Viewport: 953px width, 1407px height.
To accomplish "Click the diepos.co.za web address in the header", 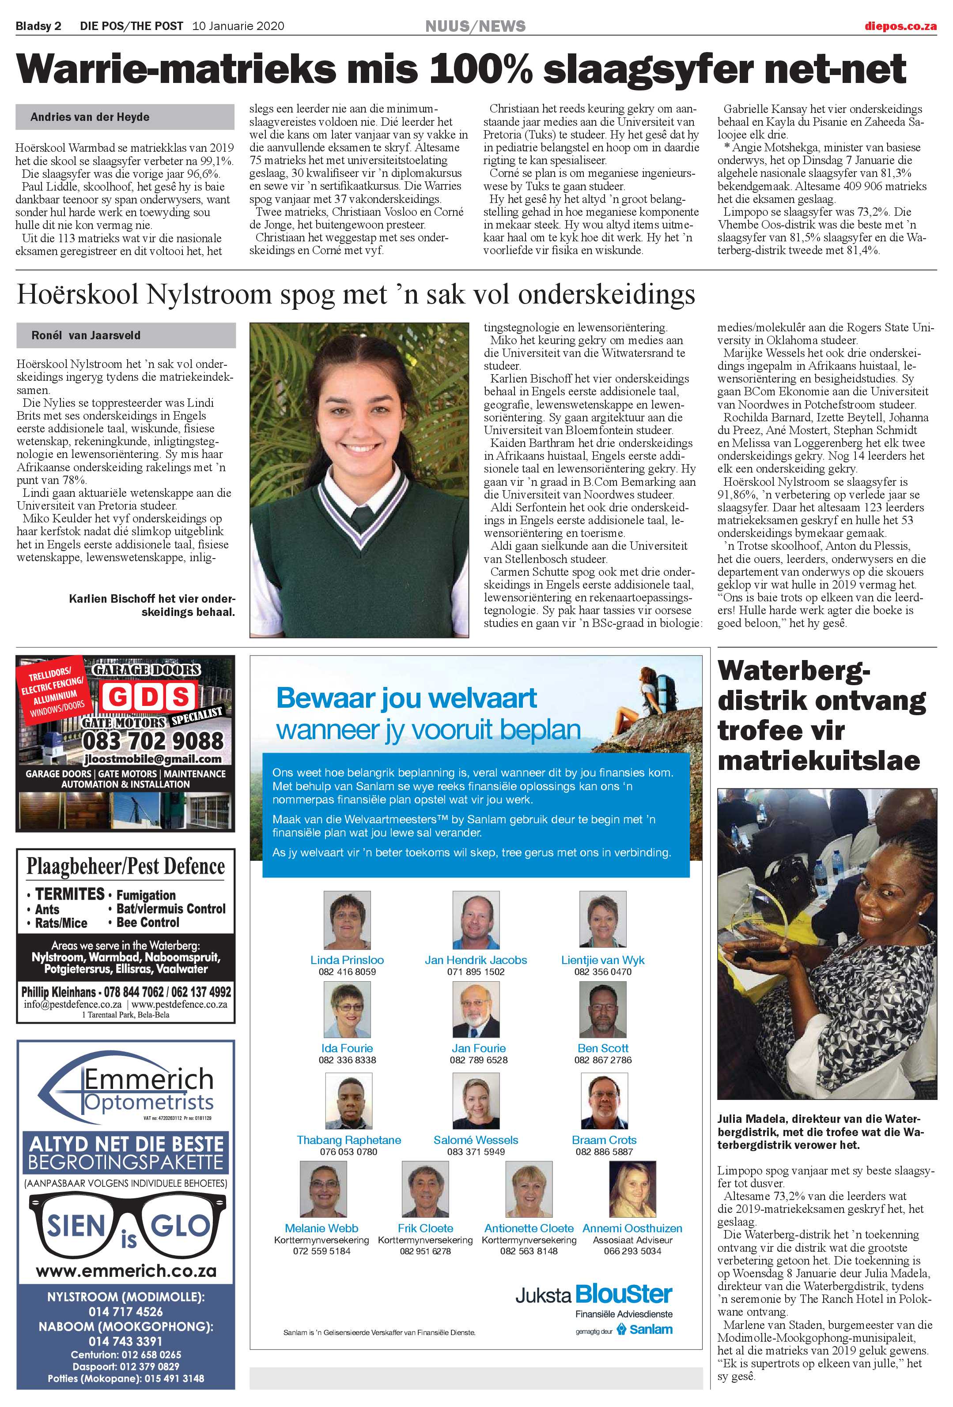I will [900, 26].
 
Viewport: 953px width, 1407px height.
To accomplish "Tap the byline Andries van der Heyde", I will [90, 117].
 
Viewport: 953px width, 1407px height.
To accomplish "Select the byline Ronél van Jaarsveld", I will [86, 335].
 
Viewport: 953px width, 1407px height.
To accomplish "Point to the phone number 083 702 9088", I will [153, 740].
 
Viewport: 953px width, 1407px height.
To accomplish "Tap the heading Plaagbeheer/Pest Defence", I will [125, 867].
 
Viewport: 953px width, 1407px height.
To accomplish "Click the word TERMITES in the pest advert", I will [70, 894].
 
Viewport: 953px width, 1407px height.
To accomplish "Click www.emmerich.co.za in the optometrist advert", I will [126, 1270].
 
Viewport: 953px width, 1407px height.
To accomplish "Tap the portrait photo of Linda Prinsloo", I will [347, 919].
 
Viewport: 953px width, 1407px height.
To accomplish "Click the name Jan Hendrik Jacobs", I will [476, 960].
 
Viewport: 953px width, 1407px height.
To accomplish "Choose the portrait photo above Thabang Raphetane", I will [348, 1101].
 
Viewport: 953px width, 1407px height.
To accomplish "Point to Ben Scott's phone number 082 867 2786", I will [603, 1060].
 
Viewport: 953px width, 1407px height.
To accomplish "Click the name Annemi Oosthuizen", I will [632, 1228].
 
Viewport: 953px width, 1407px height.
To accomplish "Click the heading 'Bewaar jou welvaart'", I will [406, 698].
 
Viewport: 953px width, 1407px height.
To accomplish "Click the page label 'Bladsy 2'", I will [38, 26].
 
